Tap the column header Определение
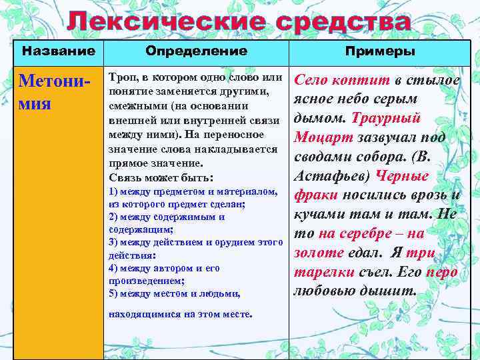[x=196, y=51]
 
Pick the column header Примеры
[x=380, y=51]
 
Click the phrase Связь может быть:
[x=160, y=178]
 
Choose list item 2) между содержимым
[x=166, y=217]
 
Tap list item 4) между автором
[x=163, y=267]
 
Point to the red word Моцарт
[x=316, y=137]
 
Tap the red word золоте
[x=319, y=253]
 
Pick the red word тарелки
[x=319, y=272]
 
